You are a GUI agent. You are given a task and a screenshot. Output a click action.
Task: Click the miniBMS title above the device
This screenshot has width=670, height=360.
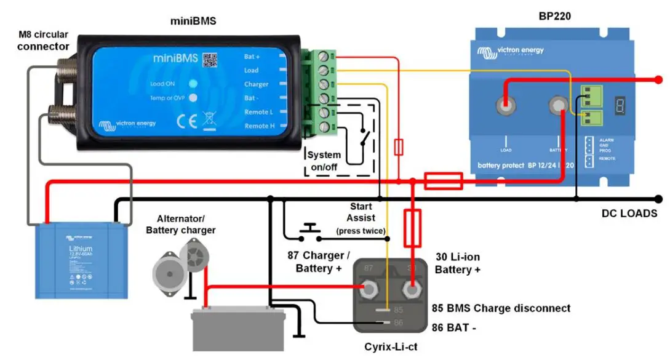pyautogui.click(x=193, y=22)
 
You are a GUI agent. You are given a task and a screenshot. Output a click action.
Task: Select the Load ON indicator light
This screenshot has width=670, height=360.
pyautogui.click(x=193, y=84)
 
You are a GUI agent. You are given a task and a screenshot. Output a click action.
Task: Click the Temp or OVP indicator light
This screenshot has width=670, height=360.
pyautogui.click(x=193, y=98)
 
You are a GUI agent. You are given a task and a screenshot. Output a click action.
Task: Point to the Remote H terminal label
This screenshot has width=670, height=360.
pyautogui.click(x=257, y=126)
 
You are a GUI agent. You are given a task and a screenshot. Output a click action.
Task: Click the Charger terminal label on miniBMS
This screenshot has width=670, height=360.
pyautogui.click(x=256, y=84)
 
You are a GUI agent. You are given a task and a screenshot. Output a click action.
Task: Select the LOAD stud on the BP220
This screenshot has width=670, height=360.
pyautogui.click(x=505, y=106)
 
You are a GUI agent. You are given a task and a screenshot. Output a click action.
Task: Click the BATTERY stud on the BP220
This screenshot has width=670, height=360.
pyautogui.click(x=558, y=106)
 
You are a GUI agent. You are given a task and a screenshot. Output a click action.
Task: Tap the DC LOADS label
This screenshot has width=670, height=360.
pyautogui.click(x=629, y=214)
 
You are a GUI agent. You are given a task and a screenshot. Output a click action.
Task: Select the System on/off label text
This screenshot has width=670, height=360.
pyautogui.click(x=324, y=161)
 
